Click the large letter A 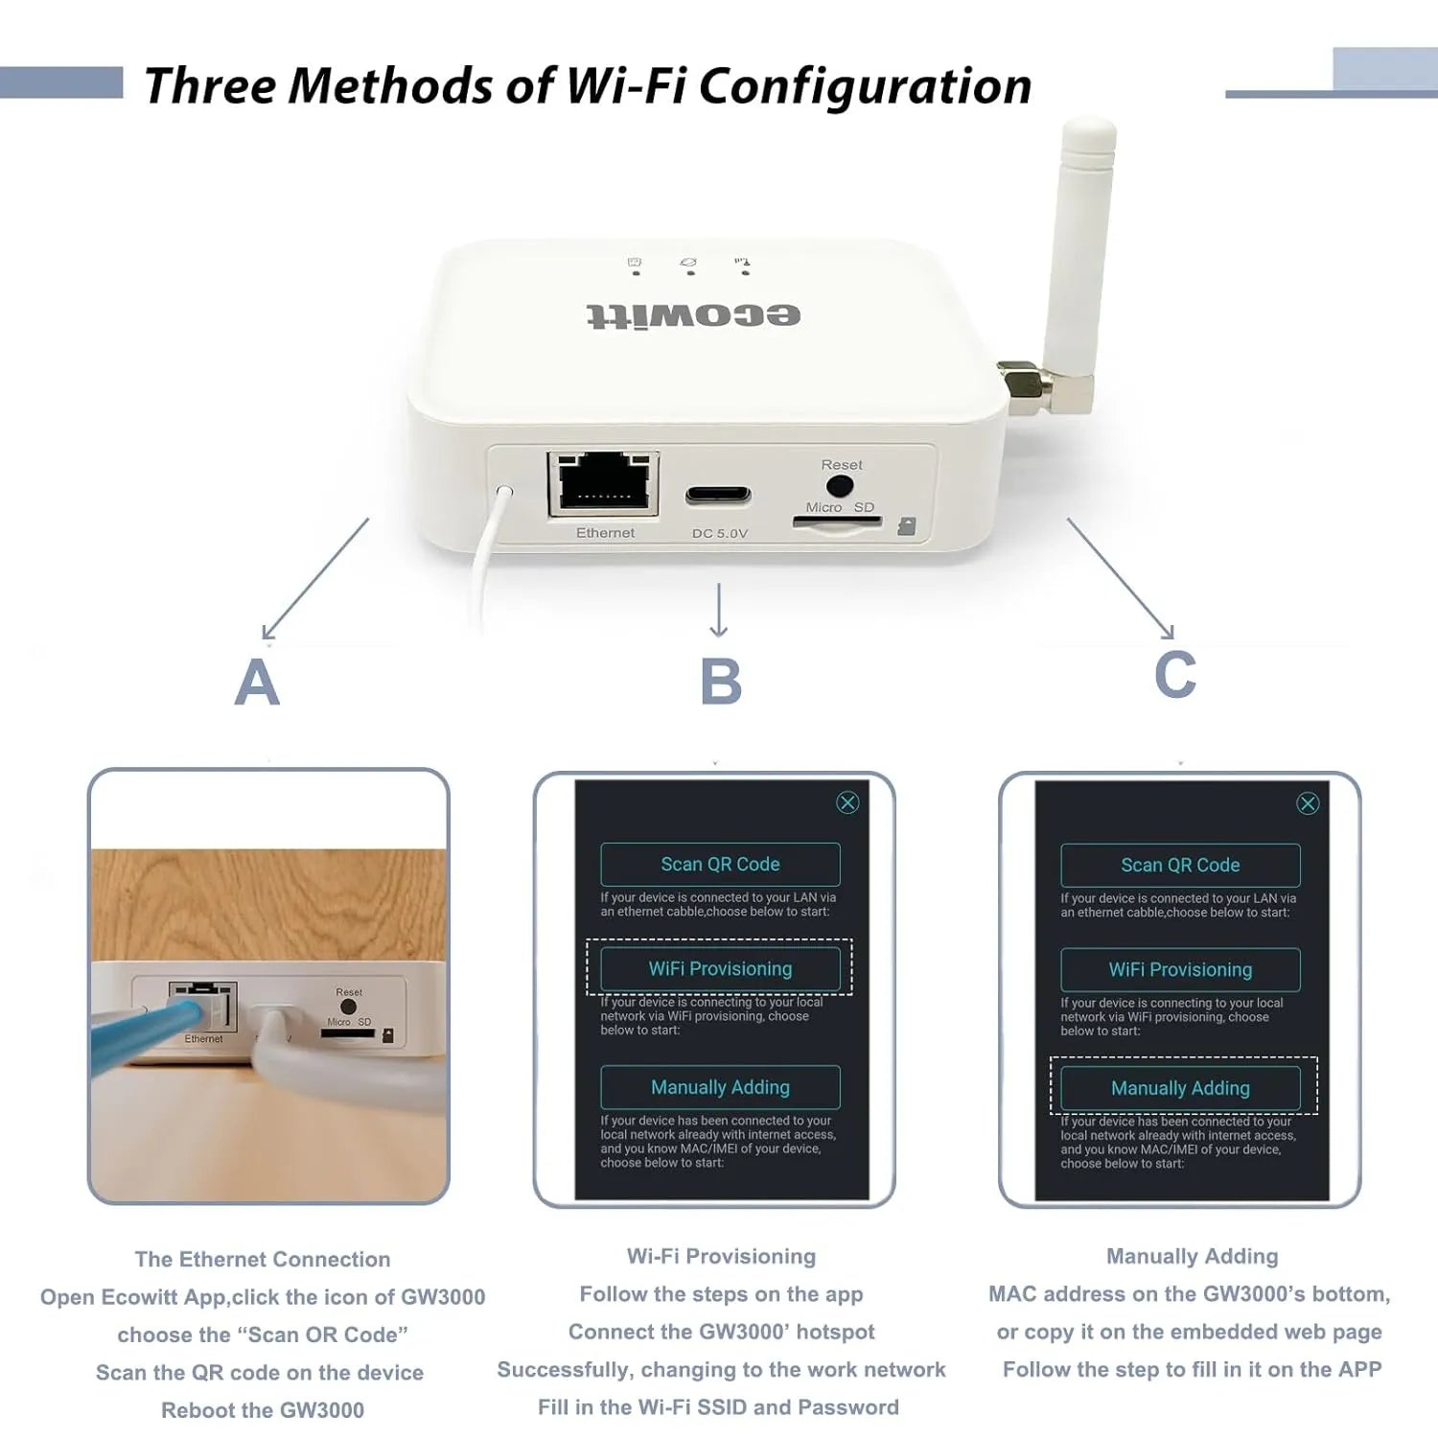pos(257,683)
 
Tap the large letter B pos(721,682)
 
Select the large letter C pos(1174,675)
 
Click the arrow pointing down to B pos(719,610)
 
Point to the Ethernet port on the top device pos(603,483)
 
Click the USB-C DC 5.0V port pos(718,496)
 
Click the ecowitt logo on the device pos(693,315)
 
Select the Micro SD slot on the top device pos(837,522)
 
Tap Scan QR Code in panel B pos(720,865)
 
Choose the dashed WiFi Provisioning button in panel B pos(720,969)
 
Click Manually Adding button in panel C pos(1180,1088)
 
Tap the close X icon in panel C pos(1308,803)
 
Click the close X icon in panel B pos(847,802)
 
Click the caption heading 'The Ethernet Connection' pos(263,1259)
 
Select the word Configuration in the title pos(865,86)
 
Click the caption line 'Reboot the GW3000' pos(263,1410)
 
